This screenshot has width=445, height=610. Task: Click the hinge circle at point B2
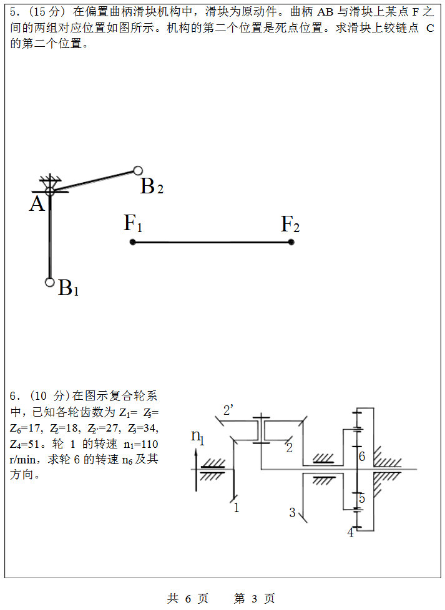[138, 170]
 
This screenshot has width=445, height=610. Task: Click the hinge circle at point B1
[50, 281]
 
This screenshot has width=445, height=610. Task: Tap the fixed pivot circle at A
[50, 191]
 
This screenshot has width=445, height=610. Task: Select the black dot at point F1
[132, 242]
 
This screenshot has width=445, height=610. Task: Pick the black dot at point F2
[291, 242]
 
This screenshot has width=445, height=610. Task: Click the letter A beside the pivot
[37, 204]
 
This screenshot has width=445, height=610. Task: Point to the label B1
[68, 289]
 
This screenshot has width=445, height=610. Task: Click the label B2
[151, 186]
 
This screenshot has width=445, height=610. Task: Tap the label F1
[132, 223]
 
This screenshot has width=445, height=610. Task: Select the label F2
[290, 223]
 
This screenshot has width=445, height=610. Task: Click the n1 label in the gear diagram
[198, 437]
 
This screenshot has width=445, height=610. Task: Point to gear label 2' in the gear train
[228, 410]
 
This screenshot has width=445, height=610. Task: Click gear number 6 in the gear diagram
[361, 457]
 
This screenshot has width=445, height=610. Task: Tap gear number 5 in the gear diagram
[361, 498]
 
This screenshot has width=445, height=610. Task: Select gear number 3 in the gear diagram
[292, 513]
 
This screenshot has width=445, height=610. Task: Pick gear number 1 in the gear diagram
[236, 508]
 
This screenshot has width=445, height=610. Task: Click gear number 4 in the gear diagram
[350, 533]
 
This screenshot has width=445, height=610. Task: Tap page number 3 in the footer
[254, 599]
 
